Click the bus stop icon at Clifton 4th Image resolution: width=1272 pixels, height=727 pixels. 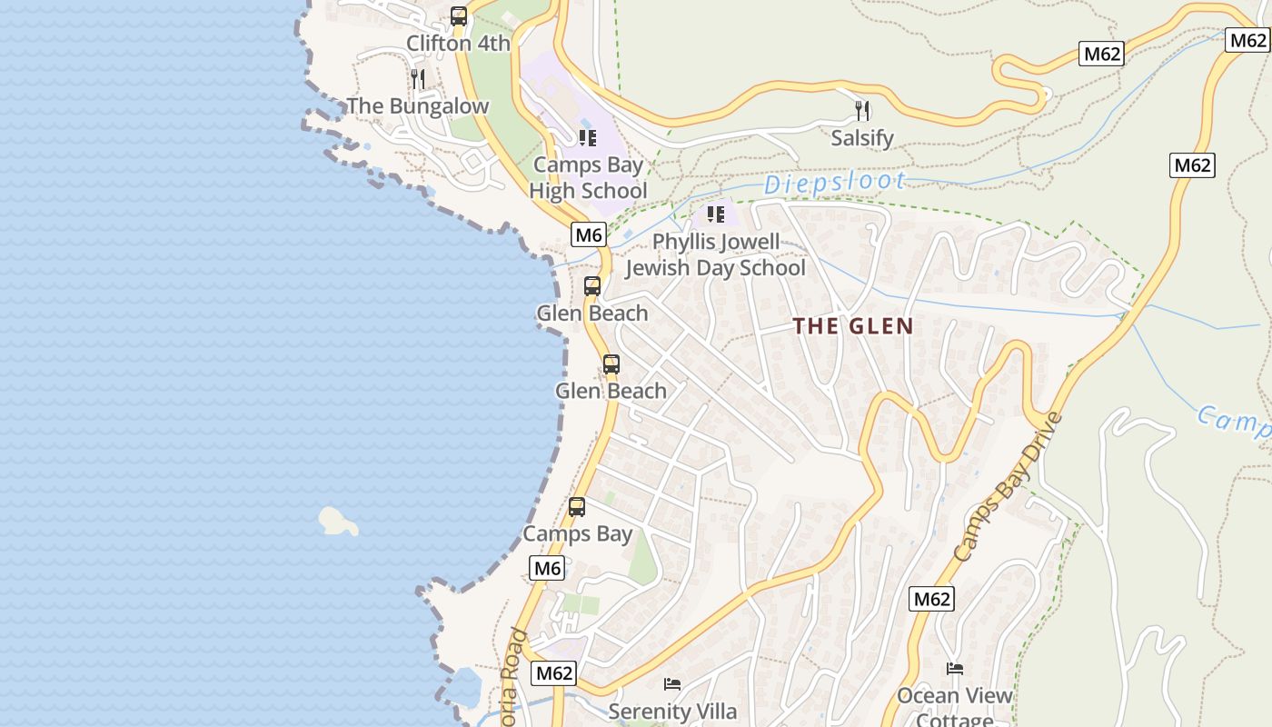(459, 16)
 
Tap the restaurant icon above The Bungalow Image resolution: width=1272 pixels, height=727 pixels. (417, 79)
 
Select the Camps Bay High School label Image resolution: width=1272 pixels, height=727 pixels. (588, 178)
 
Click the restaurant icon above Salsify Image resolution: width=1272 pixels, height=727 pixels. (862, 111)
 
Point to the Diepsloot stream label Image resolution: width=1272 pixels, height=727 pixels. (834, 183)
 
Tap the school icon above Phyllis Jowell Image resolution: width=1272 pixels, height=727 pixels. (715, 214)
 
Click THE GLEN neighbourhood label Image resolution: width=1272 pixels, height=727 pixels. (852, 326)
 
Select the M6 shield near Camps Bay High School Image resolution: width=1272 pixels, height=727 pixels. (589, 234)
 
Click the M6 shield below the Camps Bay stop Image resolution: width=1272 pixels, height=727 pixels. (547, 569)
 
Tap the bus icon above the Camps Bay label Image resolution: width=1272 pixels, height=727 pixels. (577, 507)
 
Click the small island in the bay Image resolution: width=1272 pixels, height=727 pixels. (337, 522)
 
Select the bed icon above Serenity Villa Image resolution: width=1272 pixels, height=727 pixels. (672, 683)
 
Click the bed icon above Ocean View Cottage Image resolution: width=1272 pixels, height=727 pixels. (954, 669)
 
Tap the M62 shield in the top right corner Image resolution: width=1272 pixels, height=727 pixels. (1247, 39)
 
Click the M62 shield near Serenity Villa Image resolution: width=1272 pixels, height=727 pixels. (553, 673)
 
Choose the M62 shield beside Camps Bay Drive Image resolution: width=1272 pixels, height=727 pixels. (931, 599)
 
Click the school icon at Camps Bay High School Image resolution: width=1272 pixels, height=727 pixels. (587, 138)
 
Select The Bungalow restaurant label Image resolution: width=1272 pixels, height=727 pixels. (418, 106)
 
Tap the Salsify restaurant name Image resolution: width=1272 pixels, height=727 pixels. (862, 138)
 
